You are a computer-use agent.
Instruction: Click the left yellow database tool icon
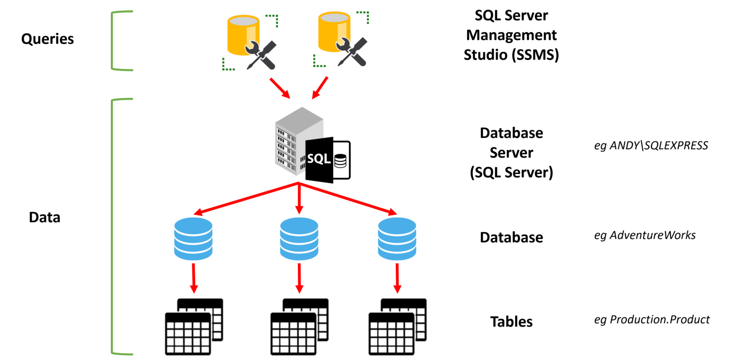(249, 42)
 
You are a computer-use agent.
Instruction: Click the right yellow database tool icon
(341, 39)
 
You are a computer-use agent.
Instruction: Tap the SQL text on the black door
(319, 159)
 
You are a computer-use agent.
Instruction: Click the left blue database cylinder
(193, 238)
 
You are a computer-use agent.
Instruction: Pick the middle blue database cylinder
(299, 238)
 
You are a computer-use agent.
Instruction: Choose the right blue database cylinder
(397, 238)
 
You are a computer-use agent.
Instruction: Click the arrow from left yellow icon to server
(279, 88)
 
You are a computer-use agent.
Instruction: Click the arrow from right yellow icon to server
(320, 88)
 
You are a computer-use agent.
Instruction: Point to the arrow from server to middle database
(299, 199)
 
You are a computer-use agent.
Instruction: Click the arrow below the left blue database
(194, 279)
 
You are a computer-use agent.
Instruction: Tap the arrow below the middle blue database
(299, 279)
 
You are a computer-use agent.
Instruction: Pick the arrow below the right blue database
(397, 279)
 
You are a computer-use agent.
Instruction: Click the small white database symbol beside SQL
(341, 160)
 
